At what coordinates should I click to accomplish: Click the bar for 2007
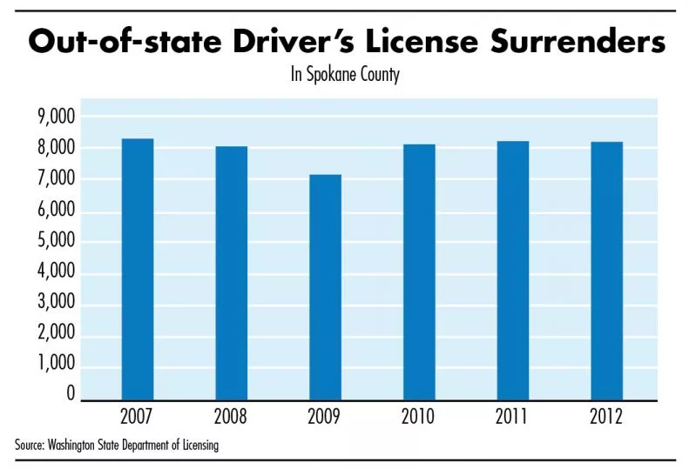click(x=138, y=270)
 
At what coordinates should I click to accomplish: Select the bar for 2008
click(x=232, y=273)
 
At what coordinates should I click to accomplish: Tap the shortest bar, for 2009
click(x=325, y=287)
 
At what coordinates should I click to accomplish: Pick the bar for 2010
click(x=419, y=272)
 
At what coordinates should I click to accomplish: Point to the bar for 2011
click(x=513, y=271)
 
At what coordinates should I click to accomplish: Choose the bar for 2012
click(x=606, y=271)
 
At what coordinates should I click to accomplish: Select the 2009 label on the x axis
click(x=325, y=417)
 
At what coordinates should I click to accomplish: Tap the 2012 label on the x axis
click(x=606, y=417)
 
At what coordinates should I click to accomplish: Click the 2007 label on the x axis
click(x=138, y=417)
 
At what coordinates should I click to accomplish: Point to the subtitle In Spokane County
click(x=345, y=76)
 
